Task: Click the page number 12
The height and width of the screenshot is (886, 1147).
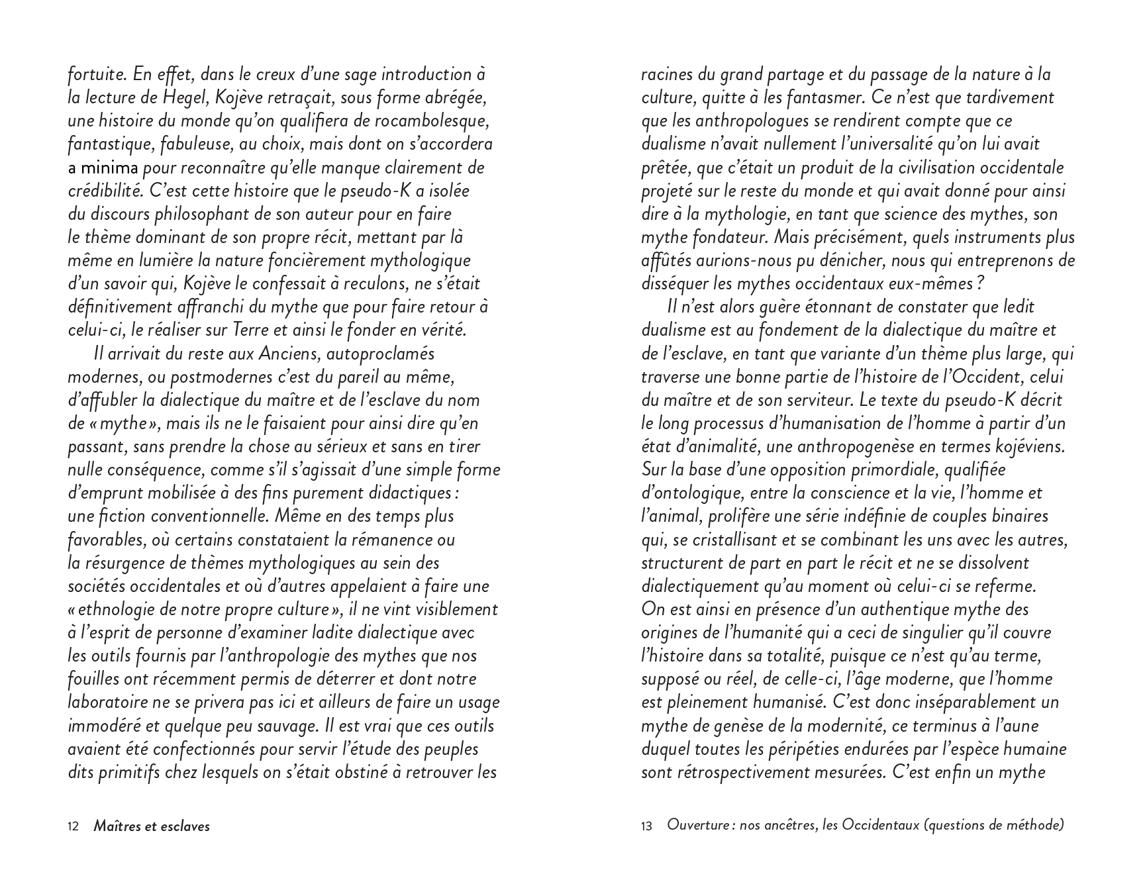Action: pos(74,826)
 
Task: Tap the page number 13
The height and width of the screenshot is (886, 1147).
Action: pos(647,826)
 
